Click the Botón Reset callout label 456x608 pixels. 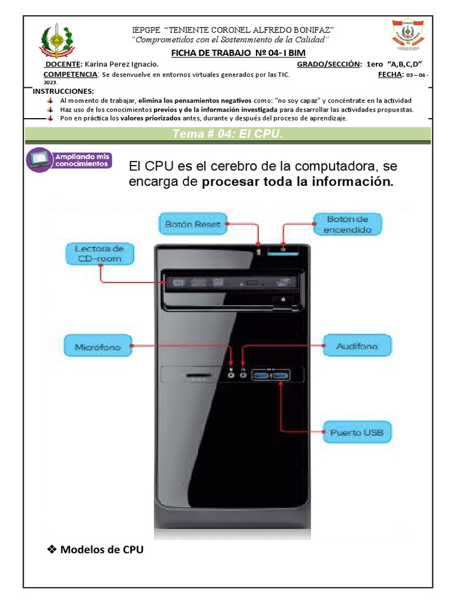pyautogui.click(x=193, y=224)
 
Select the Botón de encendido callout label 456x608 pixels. pyautogui.click(x=348, y=224)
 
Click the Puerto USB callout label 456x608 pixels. pyautogui.click(x=357, y=432)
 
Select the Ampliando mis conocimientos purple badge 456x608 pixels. pyautogui.click(x=69, y=160)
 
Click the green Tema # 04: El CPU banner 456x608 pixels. pyautogui.click(x=228, y=134)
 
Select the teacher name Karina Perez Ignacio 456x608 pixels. pyautogui.click(x=122, y=64)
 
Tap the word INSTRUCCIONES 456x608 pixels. pyautogui.click(x=63, y=91)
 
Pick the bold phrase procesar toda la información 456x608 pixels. pyautogui.click(x=297, y=182)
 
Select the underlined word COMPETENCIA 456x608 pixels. pyautogui.click(x=71, y=74)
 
